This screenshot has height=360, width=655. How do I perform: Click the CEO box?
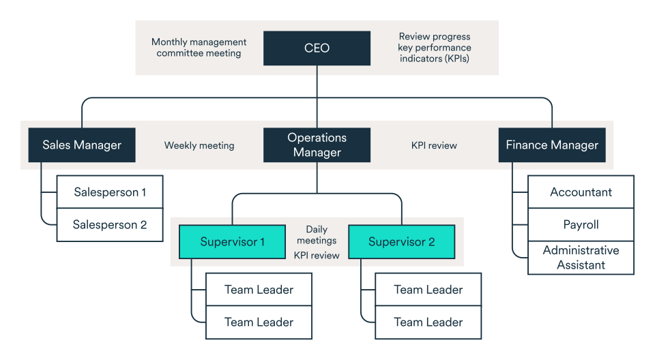pyautogui.click(x=317, y=48)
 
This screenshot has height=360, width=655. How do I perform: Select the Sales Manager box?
pyautogui.click(x=82, y=145)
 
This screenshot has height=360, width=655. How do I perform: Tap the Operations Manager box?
pyautogui.click(x=317, y=145)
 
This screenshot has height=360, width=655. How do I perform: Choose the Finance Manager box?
pyautogui.click(x=551, y=145)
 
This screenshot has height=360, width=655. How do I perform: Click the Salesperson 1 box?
pyautogui.click(x=110, y=192)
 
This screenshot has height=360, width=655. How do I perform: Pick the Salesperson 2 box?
pyautogui.click(x=110, y=225)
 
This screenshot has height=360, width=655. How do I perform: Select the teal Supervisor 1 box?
pyautogui.click(x=232, y=242)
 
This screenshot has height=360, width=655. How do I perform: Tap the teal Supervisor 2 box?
pyautogui.click(x=401, y=242)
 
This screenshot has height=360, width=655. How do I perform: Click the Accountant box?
pyautogui.click(x=581, y=192)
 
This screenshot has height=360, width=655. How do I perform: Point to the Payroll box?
pyautogui.click(x=581, y=225)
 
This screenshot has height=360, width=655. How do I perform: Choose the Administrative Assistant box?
pyautogui.click(x=581, y=258)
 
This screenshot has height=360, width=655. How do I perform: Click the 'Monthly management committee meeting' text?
pyautogui.click(x=199, y=48)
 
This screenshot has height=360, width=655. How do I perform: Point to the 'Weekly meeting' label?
pyautogui.click(x=199, y=145)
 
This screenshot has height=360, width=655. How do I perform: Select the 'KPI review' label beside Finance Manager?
pyautogui.click(x=434, y=145)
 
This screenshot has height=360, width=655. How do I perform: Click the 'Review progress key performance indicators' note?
pyautogui.click(x=435, y=48)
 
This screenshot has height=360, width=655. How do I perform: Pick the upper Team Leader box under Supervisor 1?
pyautogui.click(x=259, y=290)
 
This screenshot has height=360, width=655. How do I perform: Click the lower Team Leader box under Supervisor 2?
pyautogui.click(x=428, y=322)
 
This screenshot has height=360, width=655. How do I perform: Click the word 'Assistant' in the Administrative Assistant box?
pyautogui.click(x=581, y=265)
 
